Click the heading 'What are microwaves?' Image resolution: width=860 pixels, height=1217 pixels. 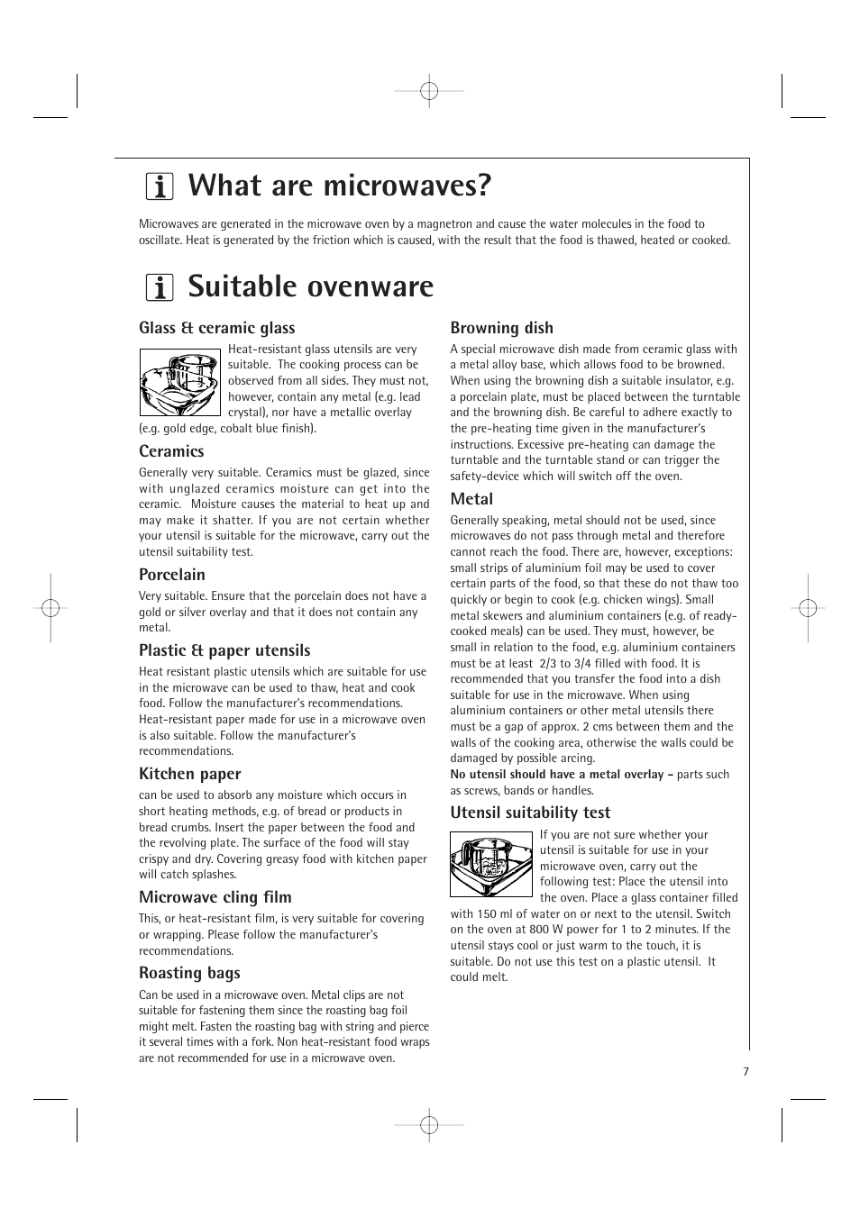340,186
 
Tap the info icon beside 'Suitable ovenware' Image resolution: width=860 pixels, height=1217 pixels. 160,287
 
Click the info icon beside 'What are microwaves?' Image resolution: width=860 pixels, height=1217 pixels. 160,186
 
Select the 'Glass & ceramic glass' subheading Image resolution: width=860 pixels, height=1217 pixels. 216,328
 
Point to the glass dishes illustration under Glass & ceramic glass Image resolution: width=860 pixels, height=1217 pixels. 179,382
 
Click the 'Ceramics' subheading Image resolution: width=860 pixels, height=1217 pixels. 171,451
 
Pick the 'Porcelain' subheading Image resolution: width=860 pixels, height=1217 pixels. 172,575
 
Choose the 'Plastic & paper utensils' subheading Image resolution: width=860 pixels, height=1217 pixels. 224,650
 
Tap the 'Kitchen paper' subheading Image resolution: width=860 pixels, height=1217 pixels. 190,774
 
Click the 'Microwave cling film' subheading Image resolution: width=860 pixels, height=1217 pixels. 215,897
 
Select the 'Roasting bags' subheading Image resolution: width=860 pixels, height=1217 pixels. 189,973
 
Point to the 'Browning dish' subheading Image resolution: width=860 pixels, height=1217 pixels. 502,328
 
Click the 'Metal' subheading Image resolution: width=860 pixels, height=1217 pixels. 471,499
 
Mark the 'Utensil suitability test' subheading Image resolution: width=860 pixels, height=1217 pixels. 530,813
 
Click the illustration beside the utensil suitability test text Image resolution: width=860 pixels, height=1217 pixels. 491,864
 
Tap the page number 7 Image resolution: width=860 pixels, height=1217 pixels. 746,1072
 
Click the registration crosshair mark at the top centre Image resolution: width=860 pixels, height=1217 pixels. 429,91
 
